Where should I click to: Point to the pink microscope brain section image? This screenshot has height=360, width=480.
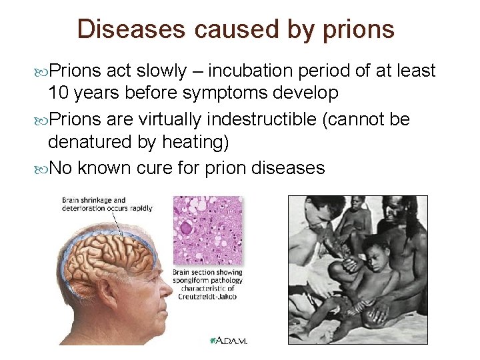[x=207, y=230]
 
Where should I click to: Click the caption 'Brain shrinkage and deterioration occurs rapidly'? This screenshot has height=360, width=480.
[x=107, y=204]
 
